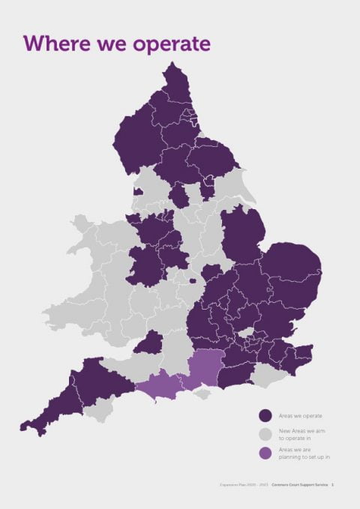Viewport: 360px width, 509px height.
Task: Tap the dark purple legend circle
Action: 264,415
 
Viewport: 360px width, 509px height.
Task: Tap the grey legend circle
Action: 264,434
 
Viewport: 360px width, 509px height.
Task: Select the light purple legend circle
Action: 264,453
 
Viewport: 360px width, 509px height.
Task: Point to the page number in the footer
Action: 332,486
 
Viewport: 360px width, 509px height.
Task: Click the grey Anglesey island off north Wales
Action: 80,223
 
